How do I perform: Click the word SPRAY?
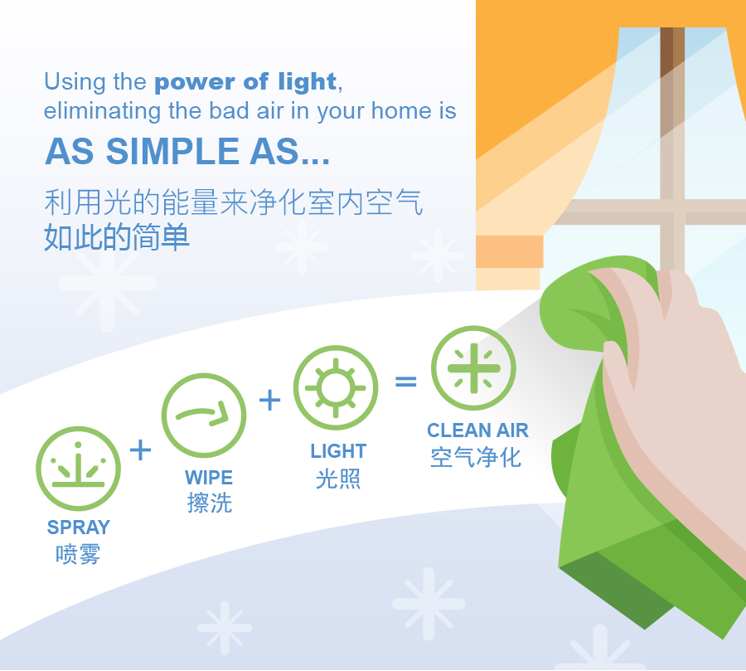(x=79, y=528)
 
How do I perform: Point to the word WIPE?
(x=209, y=478)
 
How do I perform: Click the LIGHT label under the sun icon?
(x=338, y=451)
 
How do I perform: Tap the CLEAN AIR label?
(x=477, y=430)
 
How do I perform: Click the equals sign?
(x=406, y=382)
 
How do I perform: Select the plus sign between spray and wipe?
(x=140, y=450)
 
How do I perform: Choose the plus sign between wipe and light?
(x=269, y=400)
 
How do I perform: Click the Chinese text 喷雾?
(x=78, y=554)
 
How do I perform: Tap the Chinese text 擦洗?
(x=210, y=503)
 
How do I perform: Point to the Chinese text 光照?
(x=338, y=478)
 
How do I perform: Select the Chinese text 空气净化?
(x=476, y=457)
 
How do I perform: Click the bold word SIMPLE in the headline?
(x=172, y=152)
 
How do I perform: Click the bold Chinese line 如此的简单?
(x=117, y=237)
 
